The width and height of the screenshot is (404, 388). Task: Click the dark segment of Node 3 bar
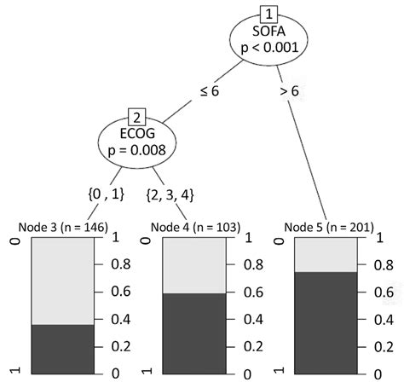pos(62,349)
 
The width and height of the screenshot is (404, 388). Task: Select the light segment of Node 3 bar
pos(62,281)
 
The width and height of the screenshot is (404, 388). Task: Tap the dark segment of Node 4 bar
pos(194,333)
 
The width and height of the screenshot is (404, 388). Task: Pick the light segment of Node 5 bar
pos(326,255)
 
